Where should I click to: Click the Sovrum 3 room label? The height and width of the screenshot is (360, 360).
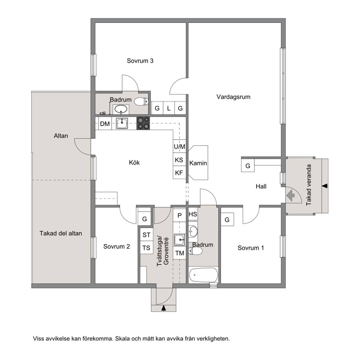pos(140,61)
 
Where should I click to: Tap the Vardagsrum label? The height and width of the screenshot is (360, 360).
pos(233,97)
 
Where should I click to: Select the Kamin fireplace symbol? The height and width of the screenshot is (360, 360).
pos(198,163)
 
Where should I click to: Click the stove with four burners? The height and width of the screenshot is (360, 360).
pos(143,123)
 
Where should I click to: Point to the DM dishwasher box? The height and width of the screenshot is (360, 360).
pos(105,123)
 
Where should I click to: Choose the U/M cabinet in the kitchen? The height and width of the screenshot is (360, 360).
pos(179,146)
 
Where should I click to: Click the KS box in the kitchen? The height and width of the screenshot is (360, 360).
pos(179,159)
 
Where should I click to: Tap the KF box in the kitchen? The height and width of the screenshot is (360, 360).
pos(179,172)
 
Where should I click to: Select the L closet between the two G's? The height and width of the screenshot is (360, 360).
pos(169,108)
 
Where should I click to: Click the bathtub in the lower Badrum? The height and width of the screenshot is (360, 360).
pos(203,275)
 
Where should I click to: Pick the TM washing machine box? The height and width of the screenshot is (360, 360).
pos(180,253)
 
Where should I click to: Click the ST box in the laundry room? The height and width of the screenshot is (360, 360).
pos(147,235)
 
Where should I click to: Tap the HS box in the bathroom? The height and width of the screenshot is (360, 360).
pos(193,214)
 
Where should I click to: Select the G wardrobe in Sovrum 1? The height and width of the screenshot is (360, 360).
pos(227,220)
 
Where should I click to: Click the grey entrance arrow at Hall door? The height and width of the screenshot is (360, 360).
pos(291,195)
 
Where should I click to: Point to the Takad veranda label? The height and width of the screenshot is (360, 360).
pos(309,185)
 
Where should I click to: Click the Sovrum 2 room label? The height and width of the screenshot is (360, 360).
pos(116,246)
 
